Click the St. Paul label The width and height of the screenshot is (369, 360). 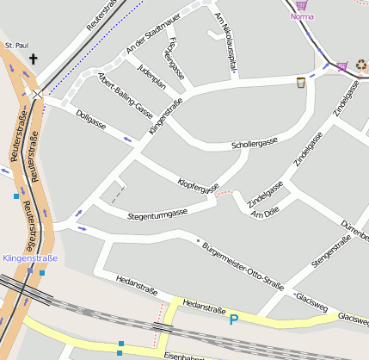[17, 44]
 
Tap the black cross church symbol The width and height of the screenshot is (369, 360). [34, 59]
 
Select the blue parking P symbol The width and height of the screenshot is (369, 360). [233, 320]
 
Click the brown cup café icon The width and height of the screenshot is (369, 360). [300, 83]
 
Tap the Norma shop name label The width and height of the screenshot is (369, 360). [302, 16]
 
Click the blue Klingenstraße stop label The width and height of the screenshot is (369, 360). [30, 258]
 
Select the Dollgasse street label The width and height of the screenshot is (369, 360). [91, 120]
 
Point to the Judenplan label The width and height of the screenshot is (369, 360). [151, 77]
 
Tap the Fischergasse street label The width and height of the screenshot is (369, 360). [176, 59]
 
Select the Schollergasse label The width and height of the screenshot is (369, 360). [255, 143]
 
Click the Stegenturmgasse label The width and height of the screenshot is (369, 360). [157, 214]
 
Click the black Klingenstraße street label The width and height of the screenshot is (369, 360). [165, 118]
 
